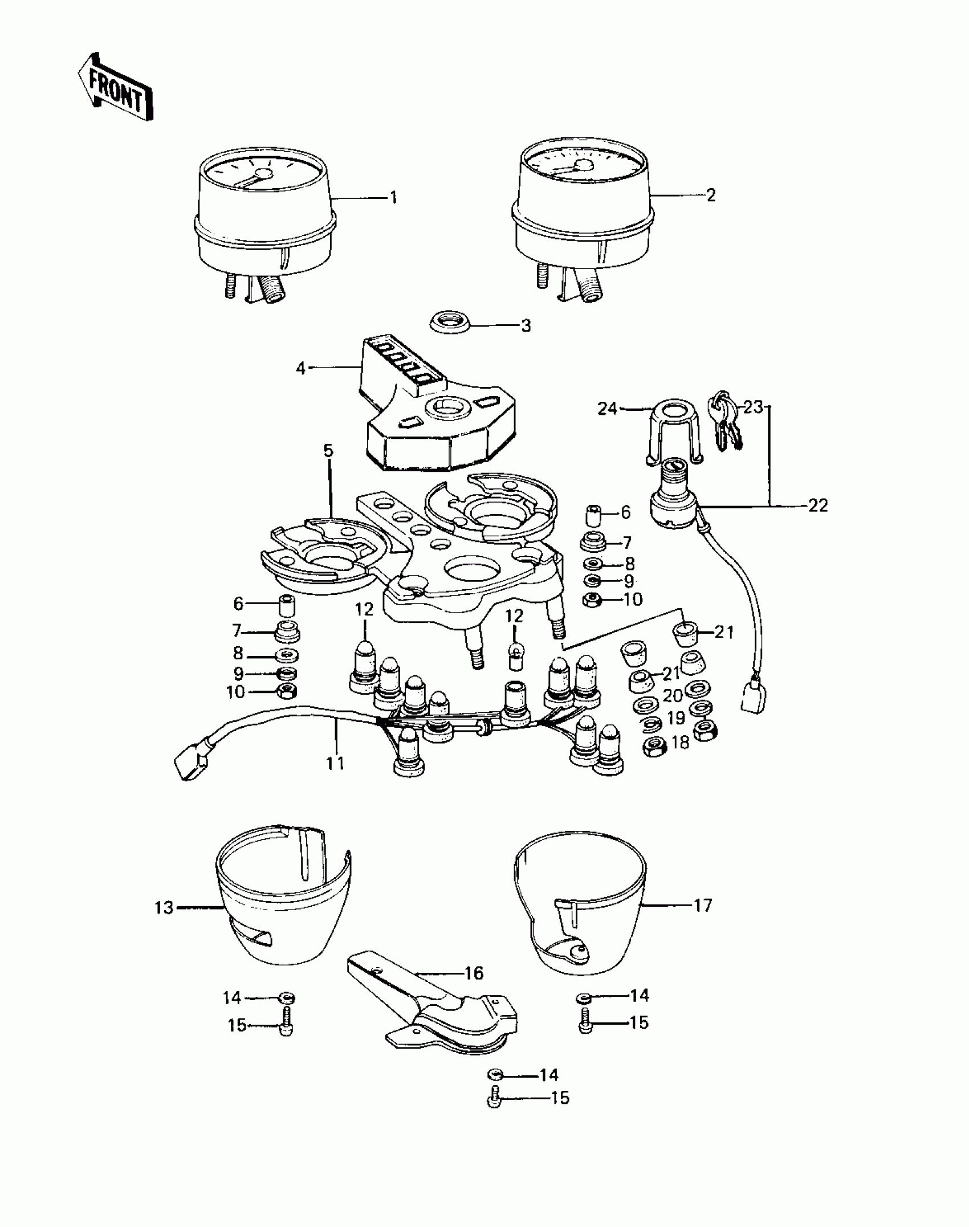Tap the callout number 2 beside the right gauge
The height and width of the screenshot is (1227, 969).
[710, 195]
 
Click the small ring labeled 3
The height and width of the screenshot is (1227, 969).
[450, 325]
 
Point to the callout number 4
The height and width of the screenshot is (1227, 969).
[300, 368]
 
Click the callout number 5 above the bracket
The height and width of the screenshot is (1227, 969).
[328, 450]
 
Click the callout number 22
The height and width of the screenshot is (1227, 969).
[817, 505]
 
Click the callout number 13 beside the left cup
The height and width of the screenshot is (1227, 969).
[164, 907]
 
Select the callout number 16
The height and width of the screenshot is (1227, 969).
[474, 973]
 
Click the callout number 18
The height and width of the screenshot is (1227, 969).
[681, 742]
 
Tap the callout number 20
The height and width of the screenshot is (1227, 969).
[673, 696]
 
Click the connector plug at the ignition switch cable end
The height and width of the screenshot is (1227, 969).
[752, 696]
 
